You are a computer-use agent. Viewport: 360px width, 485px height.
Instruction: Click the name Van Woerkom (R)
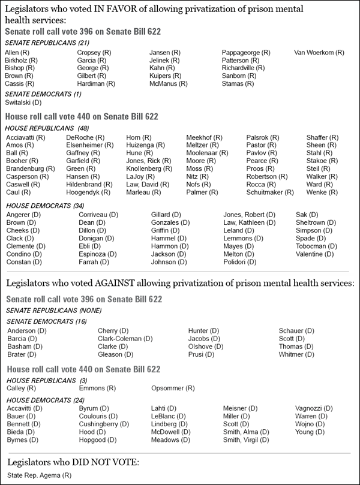tap(319, 53)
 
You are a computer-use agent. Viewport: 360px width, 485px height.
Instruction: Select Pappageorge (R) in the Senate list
tap(246, 53)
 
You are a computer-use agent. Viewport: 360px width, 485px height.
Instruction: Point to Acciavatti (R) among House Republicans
tap(25, 137)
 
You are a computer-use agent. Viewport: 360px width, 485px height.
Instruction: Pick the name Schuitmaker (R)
tap(270, 192)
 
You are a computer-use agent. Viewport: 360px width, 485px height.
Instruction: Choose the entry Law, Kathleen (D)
tap(250, 222)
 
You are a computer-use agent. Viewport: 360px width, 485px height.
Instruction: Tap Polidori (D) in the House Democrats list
tap(241, 262)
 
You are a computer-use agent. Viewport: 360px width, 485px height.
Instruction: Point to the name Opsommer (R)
tap(173, 388)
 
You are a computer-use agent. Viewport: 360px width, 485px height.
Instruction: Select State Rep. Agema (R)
tap(39, 475)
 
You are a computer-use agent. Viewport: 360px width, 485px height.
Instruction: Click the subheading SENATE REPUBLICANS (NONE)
tap(45, 311)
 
